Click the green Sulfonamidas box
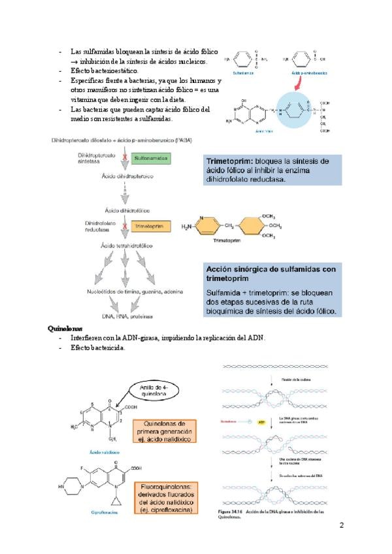coord(151,158)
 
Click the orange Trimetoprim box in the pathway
coord(152,226)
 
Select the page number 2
coord(341,526)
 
